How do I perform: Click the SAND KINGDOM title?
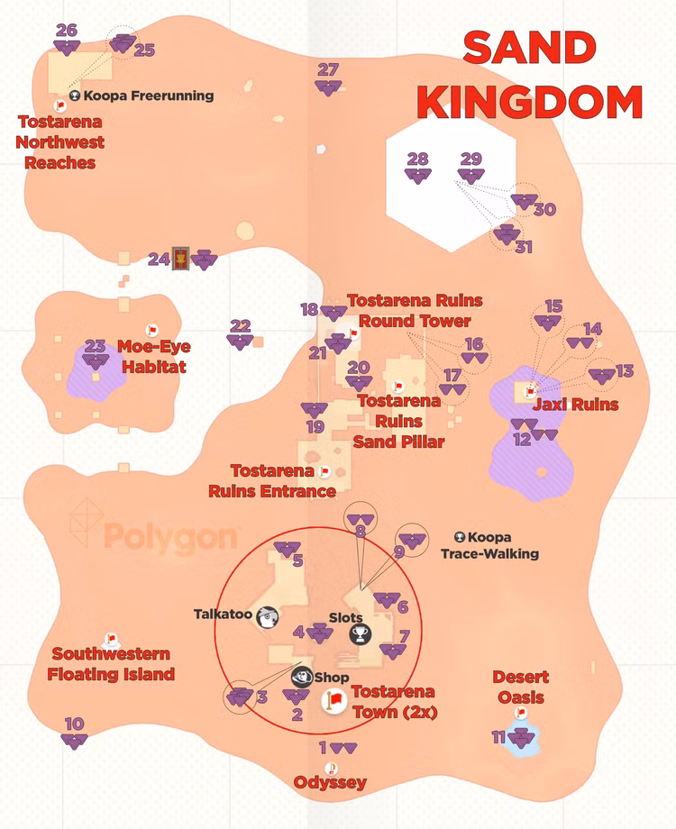pos(530,76)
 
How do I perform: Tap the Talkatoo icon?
pos(268,615)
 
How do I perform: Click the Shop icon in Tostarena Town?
pos(301,677)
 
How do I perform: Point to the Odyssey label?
pos(330,782)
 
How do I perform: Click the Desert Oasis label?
pos(521,687)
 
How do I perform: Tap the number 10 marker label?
pos(75,724)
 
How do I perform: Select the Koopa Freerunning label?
pos(149,96)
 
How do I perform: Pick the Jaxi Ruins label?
pos(575,405)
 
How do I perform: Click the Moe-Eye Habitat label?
pos(154,357)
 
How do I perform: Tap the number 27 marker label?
pos(328,69)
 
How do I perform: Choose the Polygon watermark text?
pos(171,538)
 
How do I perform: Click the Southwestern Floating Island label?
pos(111,664)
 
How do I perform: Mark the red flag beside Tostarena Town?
pos(333,700)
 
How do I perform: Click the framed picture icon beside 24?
pos(181,260)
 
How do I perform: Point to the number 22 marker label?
pos(240,326)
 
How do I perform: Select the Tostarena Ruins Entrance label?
pos(272,481)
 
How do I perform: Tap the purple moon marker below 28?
pos(418,177)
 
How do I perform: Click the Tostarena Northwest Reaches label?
pos(60,141)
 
